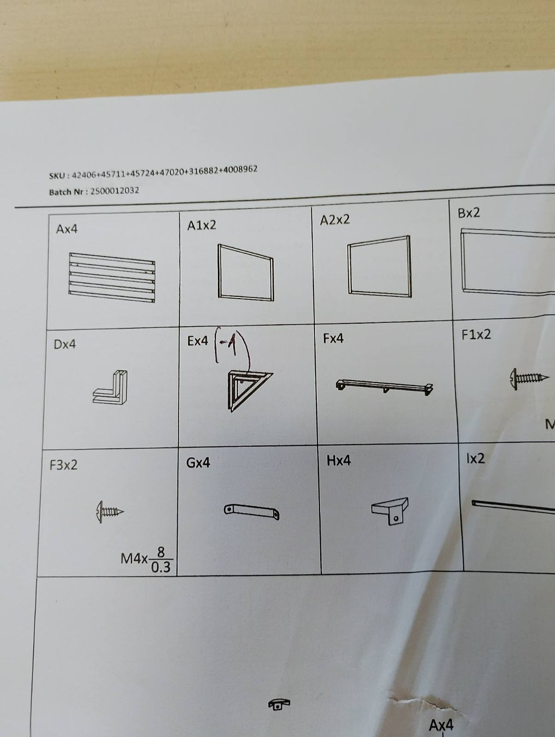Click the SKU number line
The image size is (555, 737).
154,172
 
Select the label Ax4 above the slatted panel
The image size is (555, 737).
67,229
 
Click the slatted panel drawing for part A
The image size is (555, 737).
112,277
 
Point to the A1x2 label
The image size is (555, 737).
202,225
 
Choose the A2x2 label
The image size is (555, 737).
334,220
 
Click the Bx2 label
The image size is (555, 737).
469,213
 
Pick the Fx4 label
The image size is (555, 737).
333,339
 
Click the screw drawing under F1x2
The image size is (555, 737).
529,379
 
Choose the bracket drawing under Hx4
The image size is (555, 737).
390,511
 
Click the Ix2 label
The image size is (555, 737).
475,458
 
